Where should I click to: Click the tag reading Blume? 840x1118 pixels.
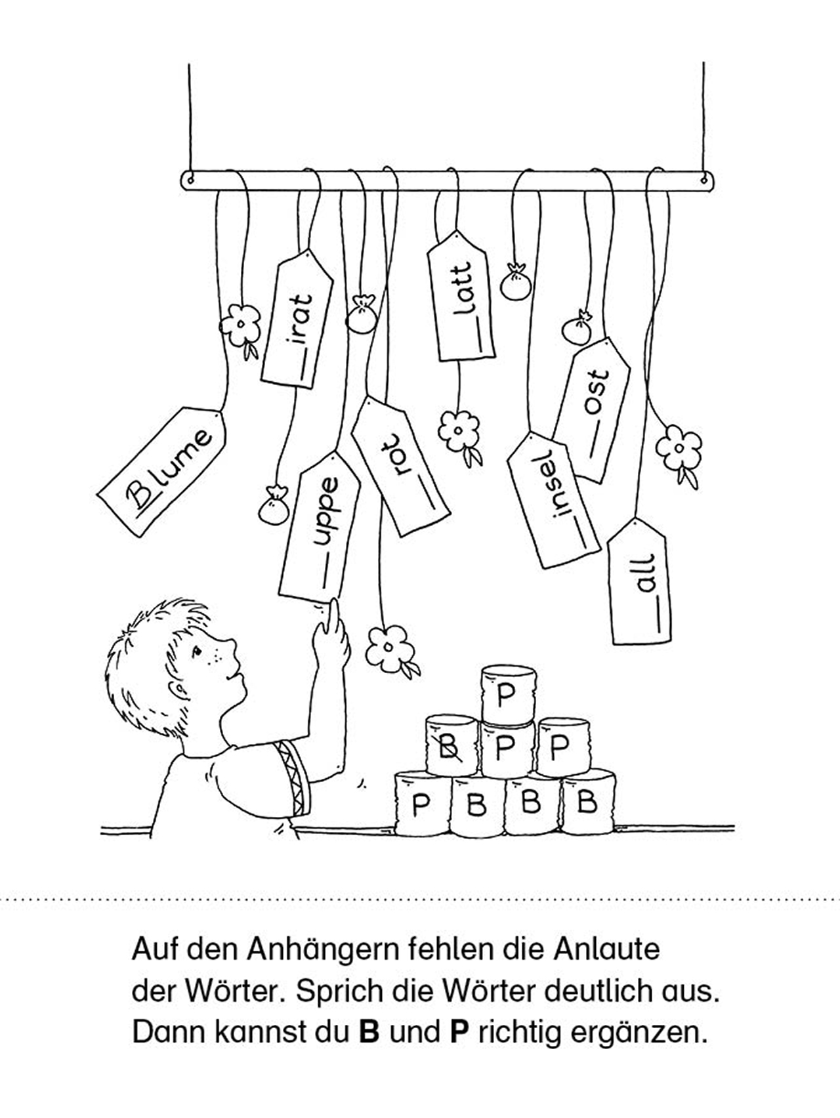coord(162,472)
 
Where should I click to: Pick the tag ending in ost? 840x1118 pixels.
coord(592,409)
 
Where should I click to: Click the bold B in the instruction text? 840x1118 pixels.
coord(369,1032)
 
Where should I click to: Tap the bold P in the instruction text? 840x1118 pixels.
coord(457,1032)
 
